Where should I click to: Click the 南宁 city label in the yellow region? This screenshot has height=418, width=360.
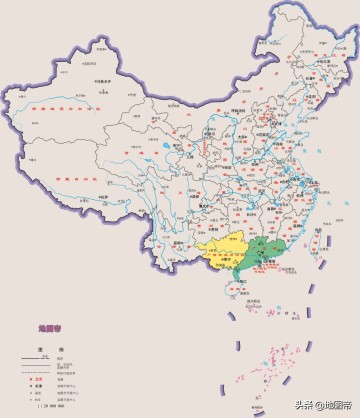pyautogui.click(x=222, y=262)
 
